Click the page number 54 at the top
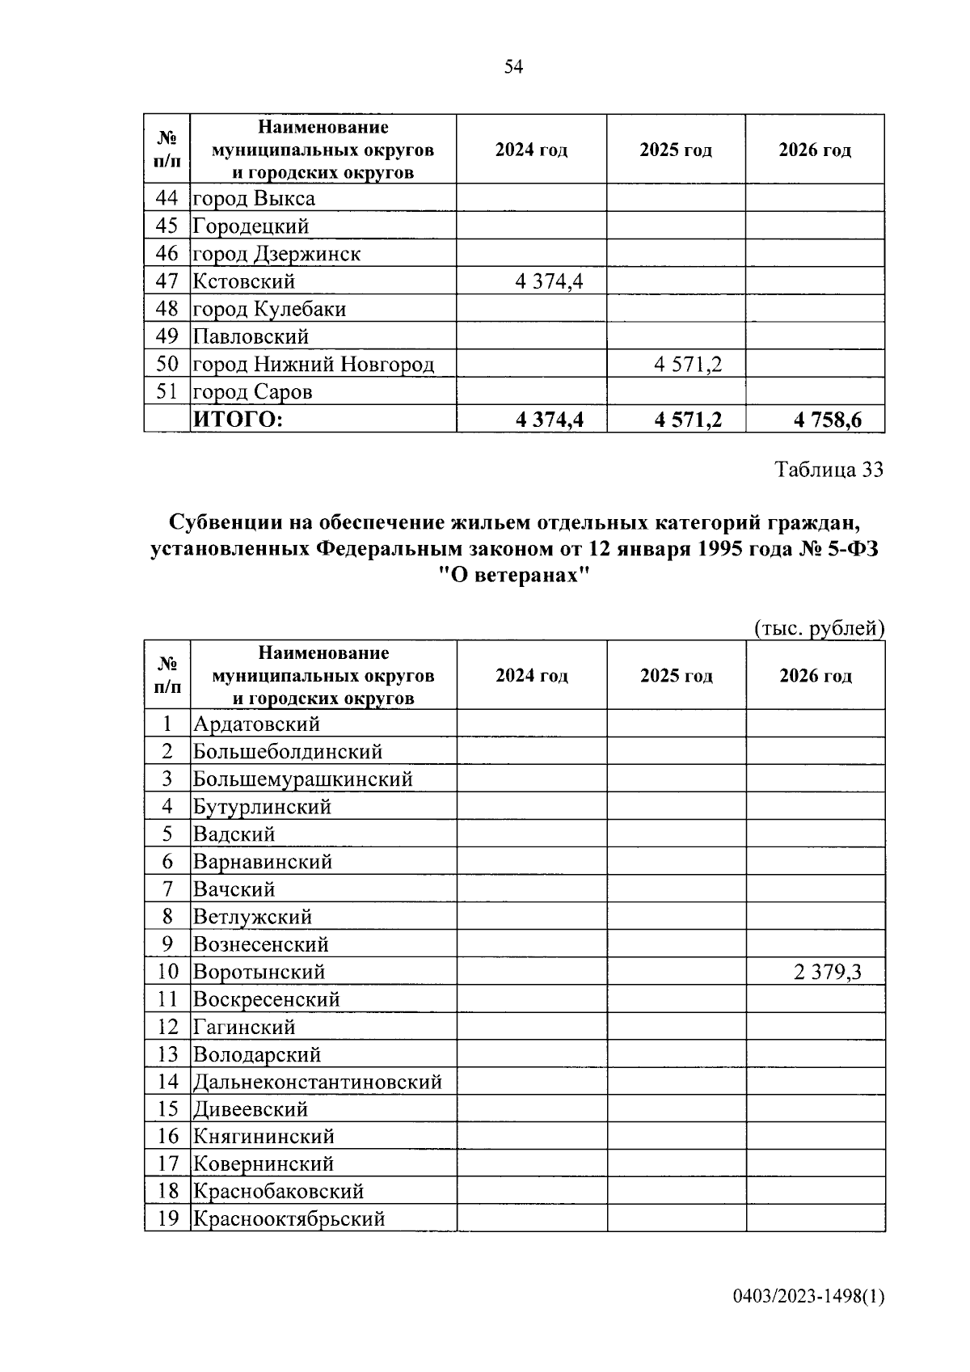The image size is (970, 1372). click(513, 67)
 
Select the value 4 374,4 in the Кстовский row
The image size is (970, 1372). click(549, 281)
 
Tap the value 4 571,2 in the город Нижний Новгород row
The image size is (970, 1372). click(688, 365)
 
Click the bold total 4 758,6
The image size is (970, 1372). click(828, 420)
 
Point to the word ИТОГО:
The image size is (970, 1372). click(238, 420)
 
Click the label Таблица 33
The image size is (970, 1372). click(829, 470)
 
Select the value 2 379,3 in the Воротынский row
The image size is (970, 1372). click(827, 972)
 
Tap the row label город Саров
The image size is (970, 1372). click(252, 392)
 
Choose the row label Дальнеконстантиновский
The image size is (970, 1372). click(318, 1082)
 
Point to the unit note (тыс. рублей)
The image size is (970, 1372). click(818, 628)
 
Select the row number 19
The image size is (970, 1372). click(167, 1218)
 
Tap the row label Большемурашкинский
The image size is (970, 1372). click(303, 779)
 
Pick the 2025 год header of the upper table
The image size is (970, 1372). click(676, 150)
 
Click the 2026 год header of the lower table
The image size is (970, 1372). click(815, 676)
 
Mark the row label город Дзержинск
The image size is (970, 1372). click(276, 254)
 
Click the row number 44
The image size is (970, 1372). click(167, 199)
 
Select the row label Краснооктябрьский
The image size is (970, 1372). click(289, 1218)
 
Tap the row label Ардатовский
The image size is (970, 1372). click(256, 724)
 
